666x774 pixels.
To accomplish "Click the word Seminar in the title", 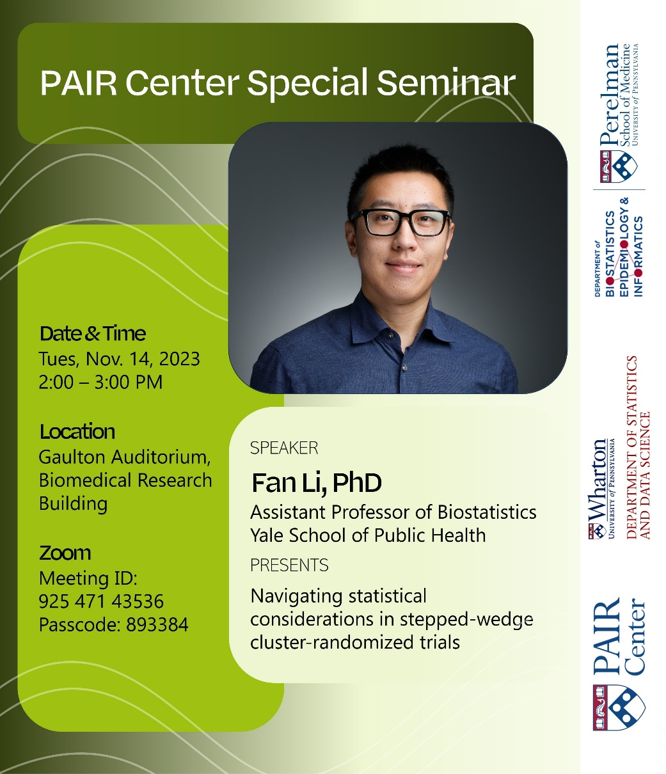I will (446, 83).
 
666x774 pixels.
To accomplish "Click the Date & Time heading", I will (93, 333).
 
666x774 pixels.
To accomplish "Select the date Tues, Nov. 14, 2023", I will (119, 359).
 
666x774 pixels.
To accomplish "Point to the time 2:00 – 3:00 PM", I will (100, 383).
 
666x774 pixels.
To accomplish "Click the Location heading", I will (77, 432).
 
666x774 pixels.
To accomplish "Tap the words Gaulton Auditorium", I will (124, 457).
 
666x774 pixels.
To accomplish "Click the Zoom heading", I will (65, 553).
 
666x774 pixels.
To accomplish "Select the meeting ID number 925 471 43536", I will (101, 601).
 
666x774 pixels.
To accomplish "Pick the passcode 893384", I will (157, 624).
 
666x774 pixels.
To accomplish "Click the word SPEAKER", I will (284, 448).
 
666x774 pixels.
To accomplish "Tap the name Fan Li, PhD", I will (316, 483).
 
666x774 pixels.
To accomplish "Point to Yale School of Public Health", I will (368, 535).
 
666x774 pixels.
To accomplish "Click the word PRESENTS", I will (289, 565).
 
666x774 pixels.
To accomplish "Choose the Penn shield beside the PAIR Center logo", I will (619, 707).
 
